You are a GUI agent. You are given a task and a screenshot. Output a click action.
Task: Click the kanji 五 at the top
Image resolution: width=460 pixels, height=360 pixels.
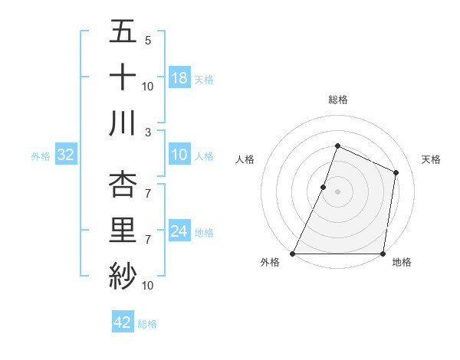pyautogui.click(x=123, y=33)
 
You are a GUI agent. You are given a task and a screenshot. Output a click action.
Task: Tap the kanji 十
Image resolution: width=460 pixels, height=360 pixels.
pyautogui.click(x=123, y=77)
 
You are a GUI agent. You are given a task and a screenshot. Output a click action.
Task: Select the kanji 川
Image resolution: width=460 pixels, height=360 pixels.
pyautogui.click(x=123, y=123)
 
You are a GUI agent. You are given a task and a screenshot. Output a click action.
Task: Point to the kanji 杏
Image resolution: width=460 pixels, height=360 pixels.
pyautogui.click(x=123, y=185)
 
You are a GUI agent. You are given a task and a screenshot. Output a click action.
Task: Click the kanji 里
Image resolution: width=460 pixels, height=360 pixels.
pyautogui.click(x=123, y=230)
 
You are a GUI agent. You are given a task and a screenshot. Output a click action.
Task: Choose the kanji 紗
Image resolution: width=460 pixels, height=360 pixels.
pyautogui.click(x=123, y=275)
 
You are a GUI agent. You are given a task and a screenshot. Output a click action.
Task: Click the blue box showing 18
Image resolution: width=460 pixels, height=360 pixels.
pyautogui.click(x=179, y=78)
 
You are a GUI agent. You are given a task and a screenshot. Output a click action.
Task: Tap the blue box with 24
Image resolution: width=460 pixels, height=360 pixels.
pyautogui.click(x=179, y=231)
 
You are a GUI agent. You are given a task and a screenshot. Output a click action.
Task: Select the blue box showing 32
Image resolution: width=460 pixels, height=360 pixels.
pyautogui.click(x=66, y=155)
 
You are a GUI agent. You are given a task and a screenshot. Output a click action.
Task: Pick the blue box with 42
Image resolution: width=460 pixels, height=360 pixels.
pyautogui.click(x=123, y=322)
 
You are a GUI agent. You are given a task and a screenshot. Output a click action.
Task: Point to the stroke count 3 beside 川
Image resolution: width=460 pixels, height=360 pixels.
pyautogui.click(x=148, y=131)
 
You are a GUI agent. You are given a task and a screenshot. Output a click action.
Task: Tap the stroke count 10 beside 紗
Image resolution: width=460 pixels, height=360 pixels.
pyautogui.click(x=148, y=285)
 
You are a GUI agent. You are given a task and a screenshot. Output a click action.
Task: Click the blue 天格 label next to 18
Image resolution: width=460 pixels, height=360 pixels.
pyautogui.click(x=204, y=79)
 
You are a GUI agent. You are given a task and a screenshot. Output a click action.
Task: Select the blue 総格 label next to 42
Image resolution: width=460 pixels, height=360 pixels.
pyautogui.click(x=147, y=323)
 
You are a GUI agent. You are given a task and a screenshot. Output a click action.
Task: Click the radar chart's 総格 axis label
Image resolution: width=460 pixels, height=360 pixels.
pyautogui.click(x=337, y=100)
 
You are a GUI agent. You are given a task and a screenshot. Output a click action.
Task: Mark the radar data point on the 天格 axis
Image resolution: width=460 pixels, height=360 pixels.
pyautogui.click(x=396, y=172)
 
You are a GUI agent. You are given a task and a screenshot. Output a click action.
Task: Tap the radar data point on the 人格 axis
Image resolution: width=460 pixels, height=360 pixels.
pyautogui.click(x=324, y=187)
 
